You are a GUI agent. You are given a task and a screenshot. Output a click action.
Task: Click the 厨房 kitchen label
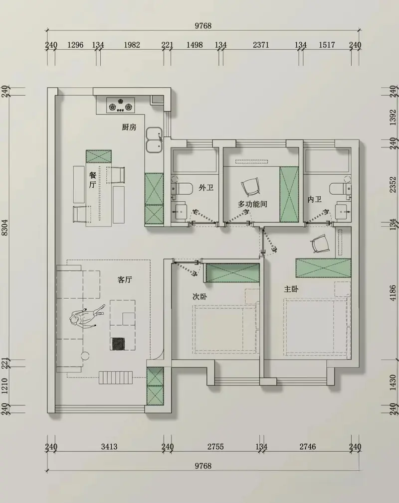pyautogui.click(x=129, y=127)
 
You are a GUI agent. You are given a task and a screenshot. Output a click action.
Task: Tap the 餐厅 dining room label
pyautogui.click(x=93, y=180)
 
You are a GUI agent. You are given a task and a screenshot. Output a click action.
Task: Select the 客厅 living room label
pyautogui.click(x=124, y=279)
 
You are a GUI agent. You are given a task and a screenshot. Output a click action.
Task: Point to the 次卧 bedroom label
pyautogui.click(x=199, y=296)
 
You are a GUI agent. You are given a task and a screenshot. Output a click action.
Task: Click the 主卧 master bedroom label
pyautogui.click(x=291, y=289)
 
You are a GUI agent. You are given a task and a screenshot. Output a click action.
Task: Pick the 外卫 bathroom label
pyautogui.click(x=206, y=187)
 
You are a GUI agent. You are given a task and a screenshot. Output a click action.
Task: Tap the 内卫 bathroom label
pyautogui.click(x=314, y=199)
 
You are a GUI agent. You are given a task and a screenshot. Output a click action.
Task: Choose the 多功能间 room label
pyautogui.click(x=252, y=204)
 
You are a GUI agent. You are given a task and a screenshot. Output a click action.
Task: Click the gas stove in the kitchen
pyautogui.click(x=121, y=106)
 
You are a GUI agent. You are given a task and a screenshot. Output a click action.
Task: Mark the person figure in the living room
pyautogui.click(x=87, y=316)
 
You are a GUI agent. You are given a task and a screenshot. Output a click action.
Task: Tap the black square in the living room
pyautogui.click(x=118, y=344)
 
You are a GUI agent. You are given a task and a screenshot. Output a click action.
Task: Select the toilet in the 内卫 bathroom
pyautogui.click(x=340, y=188)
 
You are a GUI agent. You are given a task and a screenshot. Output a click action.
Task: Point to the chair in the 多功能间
pyautogui.click(x=250, y=186)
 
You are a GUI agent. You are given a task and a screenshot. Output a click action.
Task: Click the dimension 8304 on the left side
pyautogui.click(x=4, y=228)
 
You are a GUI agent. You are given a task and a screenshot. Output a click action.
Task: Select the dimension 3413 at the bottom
pyautogui.click(x=109, y=447)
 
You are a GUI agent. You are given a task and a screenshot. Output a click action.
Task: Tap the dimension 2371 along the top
pyautogui.click(x=260, y=45)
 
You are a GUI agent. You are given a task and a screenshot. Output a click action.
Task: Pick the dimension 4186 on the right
pyautogui.click(x=393, y=292)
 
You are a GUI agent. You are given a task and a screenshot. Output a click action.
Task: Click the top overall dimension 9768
pyautogui.click(x=203, y=26)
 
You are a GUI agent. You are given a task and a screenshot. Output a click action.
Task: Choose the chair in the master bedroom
pyautogui.click(x=320, y=243)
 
